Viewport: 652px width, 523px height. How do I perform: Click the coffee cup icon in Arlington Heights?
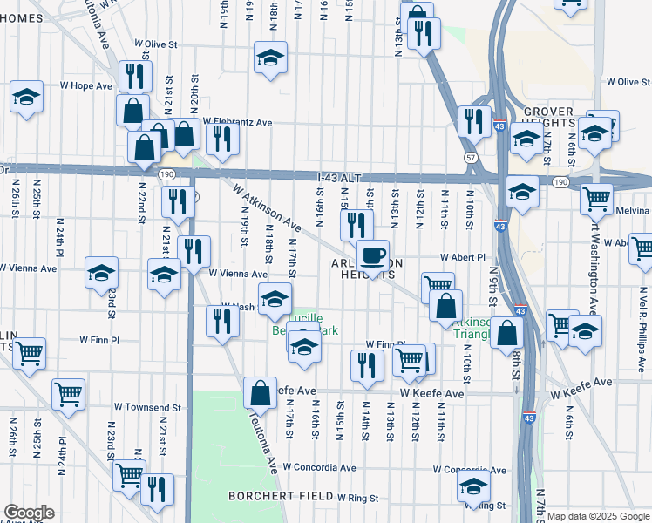click(x=372, y=256)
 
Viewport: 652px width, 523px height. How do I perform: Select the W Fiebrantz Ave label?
click(x=236, y=123)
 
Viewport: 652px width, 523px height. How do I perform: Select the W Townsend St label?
click(x=147, y=407)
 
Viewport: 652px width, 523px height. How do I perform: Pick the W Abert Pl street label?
click(x=462, y=258)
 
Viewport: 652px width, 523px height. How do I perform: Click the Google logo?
click(x=29, y=513)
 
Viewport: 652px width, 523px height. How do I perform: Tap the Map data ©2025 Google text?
click(x=598, y=516)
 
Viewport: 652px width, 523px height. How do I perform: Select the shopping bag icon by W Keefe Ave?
click(x=260, y=393)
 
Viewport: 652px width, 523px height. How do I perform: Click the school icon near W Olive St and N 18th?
click(x=270, y=58)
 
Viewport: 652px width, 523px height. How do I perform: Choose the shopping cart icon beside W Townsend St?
click(x=67, y=394)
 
